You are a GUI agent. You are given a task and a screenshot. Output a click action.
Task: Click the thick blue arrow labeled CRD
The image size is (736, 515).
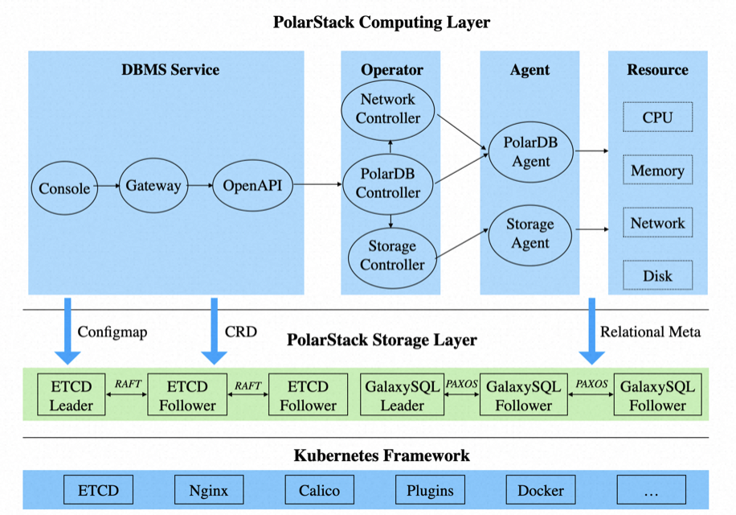coord(214,332)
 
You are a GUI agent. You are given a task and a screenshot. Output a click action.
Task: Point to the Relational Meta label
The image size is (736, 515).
coord(651,332)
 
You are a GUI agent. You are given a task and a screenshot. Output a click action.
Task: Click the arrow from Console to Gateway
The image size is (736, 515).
coord(108,186)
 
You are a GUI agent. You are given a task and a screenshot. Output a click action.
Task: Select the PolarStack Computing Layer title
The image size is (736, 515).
coord(382,22)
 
